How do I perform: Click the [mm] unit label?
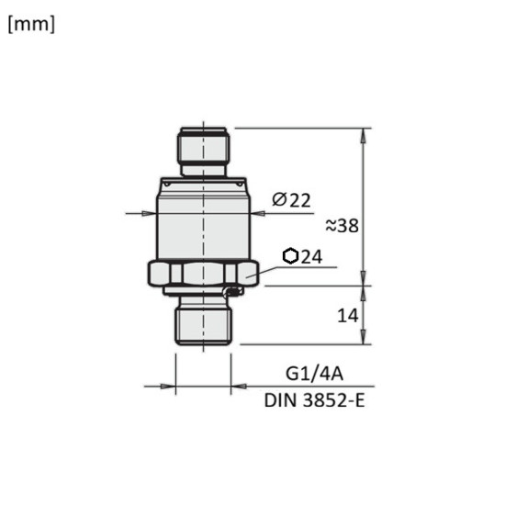31,25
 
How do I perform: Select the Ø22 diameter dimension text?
291,200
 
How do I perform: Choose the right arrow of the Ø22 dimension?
256,214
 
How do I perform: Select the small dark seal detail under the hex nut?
233,291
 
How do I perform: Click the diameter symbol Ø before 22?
279,200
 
